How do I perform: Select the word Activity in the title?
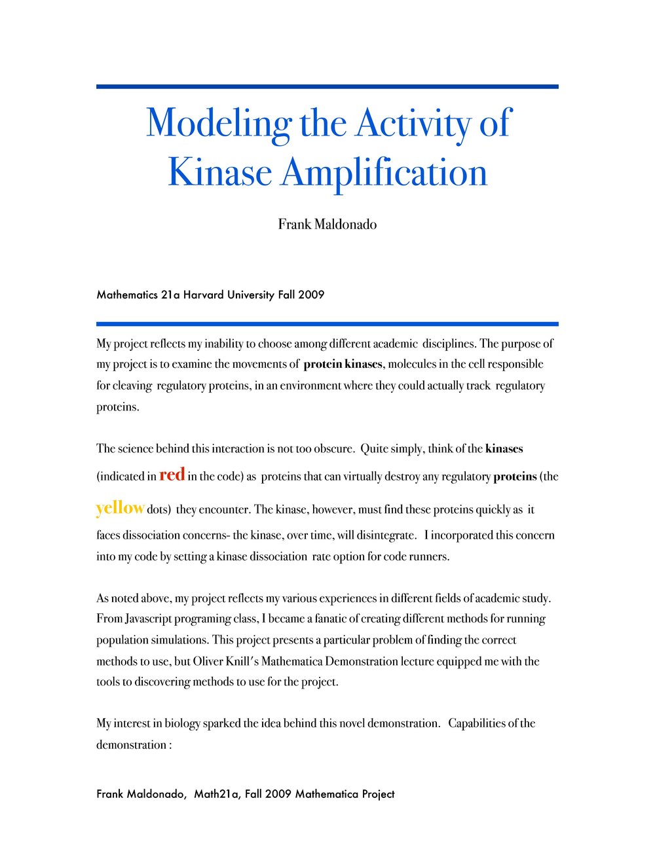click(x=414, y=123)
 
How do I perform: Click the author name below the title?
click(x=327, y=225)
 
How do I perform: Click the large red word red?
click(x=172, y=474)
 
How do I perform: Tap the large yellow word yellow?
click(x=120, y=508)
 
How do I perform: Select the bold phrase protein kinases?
click(x=343, y=364)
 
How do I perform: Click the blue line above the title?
click(x=327, y=86)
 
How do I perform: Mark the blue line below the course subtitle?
click(x=327, y=323)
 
